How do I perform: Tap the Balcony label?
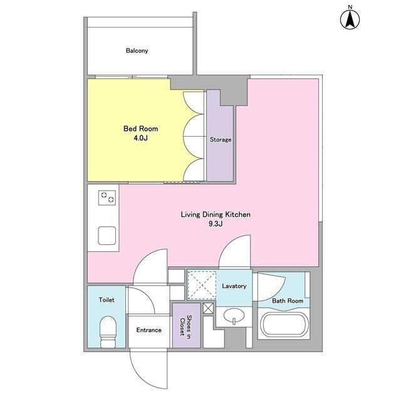point(137,51)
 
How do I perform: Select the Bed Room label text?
point(140,128)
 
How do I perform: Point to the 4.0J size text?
point(140,138)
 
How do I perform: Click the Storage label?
point(221,140)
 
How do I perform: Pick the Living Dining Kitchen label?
point(216,214)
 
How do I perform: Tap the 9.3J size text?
point(216,224)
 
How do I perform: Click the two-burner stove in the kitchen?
point(107,198)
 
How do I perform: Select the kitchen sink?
point(107,236)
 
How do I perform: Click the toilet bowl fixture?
point(108,331)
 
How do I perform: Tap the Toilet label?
point(107,299)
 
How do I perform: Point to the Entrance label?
point(149,330)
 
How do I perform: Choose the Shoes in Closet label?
point(186,325)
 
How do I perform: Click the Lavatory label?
point(234,286)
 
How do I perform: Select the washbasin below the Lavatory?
point(234,316)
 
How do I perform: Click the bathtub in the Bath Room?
point(284,324)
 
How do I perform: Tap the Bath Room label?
point(288,301)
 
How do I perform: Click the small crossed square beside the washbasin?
point(208,308)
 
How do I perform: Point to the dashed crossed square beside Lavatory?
point(202,285)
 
